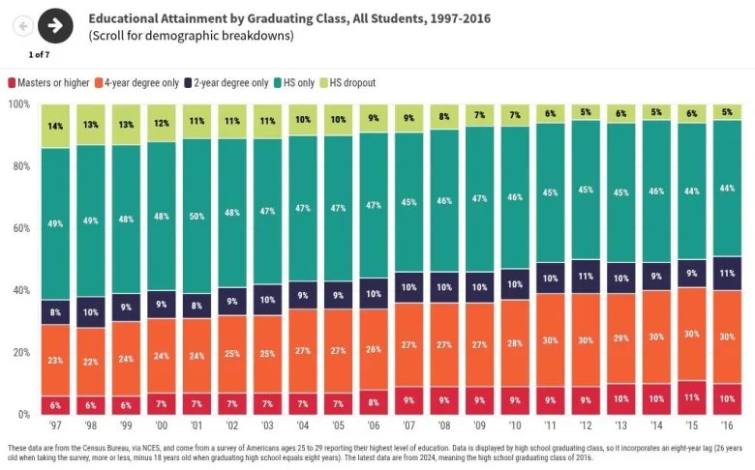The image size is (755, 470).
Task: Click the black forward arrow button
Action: pyautogui.click(x=55, y=25)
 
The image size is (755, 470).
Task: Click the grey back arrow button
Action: pyautogui.click(x=22, y=26)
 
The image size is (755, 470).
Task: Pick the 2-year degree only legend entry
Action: pyautogui.click(x=230, y=83)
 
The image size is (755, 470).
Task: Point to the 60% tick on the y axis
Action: pyautogui.click(x=19, y=228)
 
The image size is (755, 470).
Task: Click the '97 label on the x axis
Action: pyautogui.click(x=55, y=426)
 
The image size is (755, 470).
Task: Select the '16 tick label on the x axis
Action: pyautogui.click(x=727, y=426)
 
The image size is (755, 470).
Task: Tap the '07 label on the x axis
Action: pyautogui.click(x=408, y=426)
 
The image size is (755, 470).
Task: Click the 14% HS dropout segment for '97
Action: pyautogui.click(x=55, y=126)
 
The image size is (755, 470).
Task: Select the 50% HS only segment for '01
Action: pyautogui.click(x=196, y=217)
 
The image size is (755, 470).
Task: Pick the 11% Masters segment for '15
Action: pyautogui.click(x=691, y=397)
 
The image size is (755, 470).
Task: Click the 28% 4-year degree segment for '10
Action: pyautogui.click(x=515, y=343)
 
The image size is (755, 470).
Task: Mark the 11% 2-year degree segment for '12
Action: pyautogui.click(x=586, y=277)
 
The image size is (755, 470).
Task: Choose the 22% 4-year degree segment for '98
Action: pyautogui.click(x=91, y=362)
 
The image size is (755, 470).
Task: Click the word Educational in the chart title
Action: pyautogui.click(x=123, y=17)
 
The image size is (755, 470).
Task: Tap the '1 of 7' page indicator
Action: pyautogui.click(x=40, y=53)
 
